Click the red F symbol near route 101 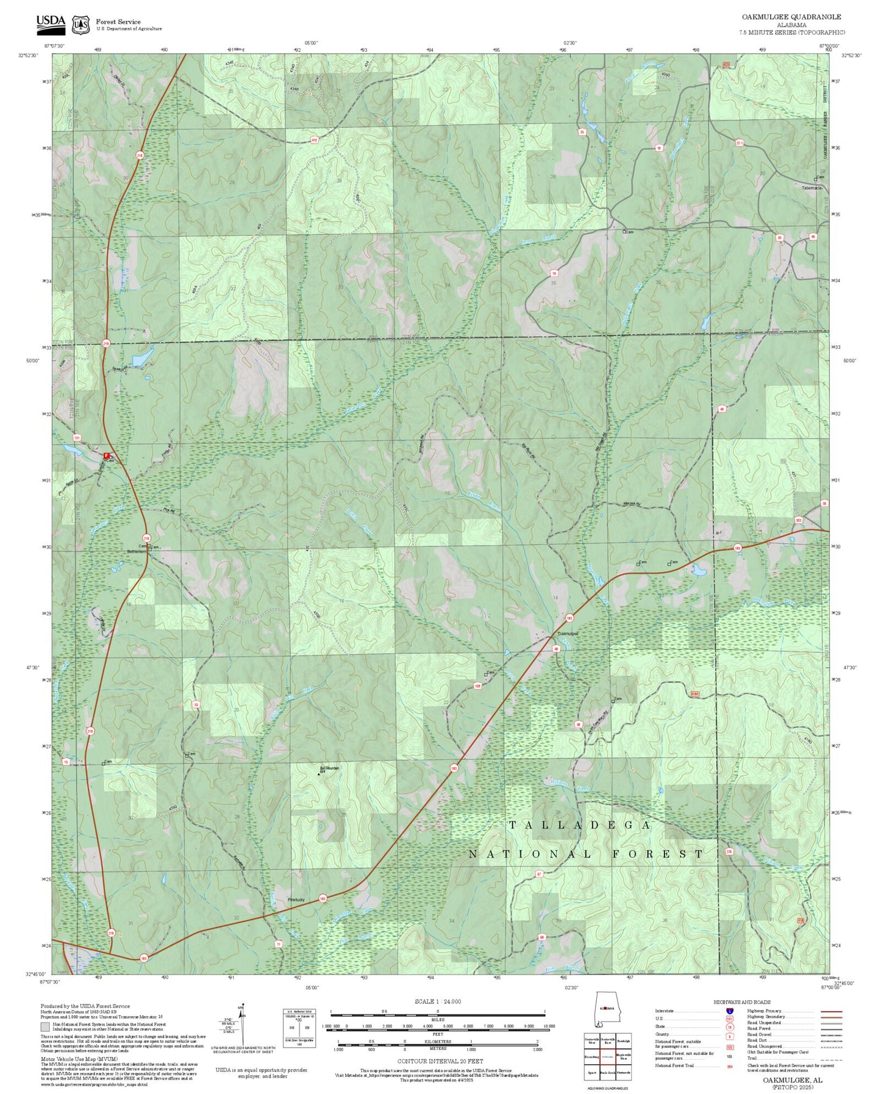tap(106, 456)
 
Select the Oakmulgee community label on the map tap(568, 634)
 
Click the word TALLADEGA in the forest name tap(580, 825)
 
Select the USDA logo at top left tap(51, 23)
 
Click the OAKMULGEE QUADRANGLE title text tap(791, 17)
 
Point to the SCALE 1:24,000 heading tap(437, 1001)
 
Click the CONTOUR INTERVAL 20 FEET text tap(440, 1061)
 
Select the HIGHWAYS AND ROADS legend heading tap(741, 1002)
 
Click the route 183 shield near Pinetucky tap(323, 898)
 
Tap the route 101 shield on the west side tap(77, 438)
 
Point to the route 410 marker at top tap(315, 140)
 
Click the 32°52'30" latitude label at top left tap(28, 55)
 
